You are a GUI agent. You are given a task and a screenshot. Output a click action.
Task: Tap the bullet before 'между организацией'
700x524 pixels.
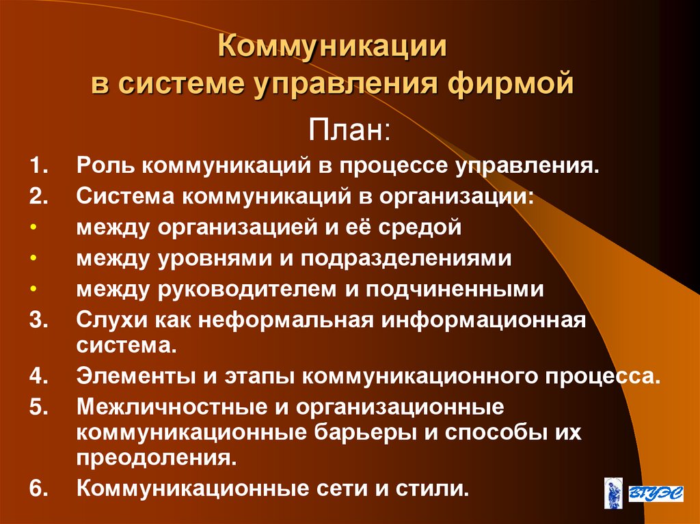pyautogui.click(x=33, y=228)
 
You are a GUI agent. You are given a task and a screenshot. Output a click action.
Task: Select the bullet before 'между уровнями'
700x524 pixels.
pyautogui.click(x=33, y=259)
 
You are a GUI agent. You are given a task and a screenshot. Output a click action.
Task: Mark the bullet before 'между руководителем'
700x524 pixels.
pyautogui.click(x=33, y=290)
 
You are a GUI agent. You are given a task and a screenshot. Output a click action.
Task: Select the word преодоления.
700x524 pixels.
pyautogui.click(x=157, y=458)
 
